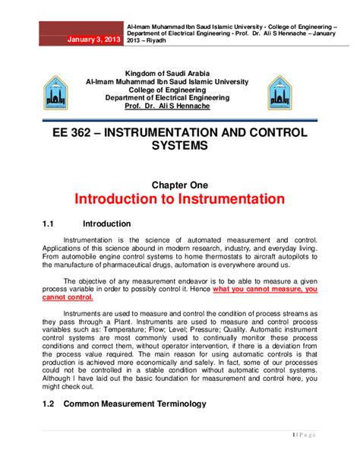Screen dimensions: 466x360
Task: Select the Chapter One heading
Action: [x=178, y=185]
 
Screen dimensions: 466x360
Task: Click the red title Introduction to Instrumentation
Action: [x=179, y=201]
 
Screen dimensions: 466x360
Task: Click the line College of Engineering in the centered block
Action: [x=174, y=90]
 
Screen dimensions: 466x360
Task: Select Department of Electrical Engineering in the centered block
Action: [x=174, y=99]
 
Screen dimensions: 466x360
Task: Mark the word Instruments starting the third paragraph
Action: [x=87, y=313]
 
